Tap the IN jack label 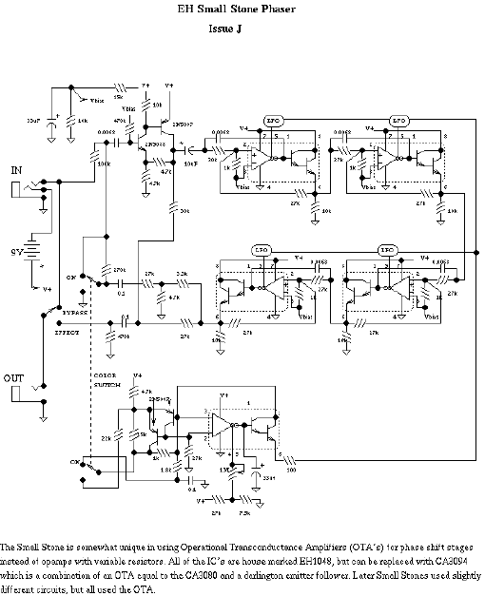pos(16,169)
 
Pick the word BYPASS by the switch pos(76,311)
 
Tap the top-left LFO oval pos(273,122)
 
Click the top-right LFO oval pos(399,122)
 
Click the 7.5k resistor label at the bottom pos(244,513)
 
